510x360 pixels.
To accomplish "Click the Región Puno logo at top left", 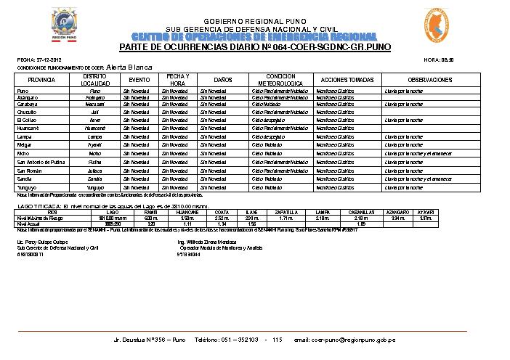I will click(x=65, y=25).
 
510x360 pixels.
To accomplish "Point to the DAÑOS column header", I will click(x=223, y=79).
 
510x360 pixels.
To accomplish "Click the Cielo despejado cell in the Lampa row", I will click(x=266, y=136).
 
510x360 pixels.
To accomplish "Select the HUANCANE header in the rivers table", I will click(x=187, y=212).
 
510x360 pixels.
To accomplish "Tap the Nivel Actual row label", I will click(x=30, y=224).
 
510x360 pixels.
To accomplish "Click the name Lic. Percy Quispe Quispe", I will click(x=41, y=240).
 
